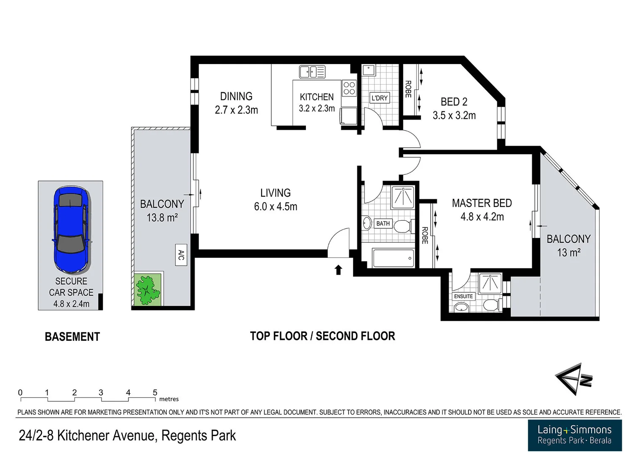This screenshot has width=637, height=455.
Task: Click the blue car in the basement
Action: [x=71, y=229]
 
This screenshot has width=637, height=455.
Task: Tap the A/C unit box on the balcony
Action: [x=181, y=255]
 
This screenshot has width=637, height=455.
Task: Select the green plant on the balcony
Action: [x=147, y=289]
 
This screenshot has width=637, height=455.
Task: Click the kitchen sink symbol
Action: [x=312, y=72]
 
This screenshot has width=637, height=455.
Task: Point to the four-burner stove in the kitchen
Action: [x=349, y=88]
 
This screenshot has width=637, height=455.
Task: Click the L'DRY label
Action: [x=379, y=98]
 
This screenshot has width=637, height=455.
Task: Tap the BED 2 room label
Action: [x=454, y=102]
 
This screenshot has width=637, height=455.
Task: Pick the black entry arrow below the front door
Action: [x=338, y=270]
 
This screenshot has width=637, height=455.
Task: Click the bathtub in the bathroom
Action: [x=393, y=258]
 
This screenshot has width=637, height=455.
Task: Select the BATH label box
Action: [x=383, y=224]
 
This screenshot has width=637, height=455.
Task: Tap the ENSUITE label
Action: [x=463, y=296]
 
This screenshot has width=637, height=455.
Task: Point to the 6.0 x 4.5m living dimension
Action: [x=276, y=206]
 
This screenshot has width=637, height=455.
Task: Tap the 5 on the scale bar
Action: [x=155, y=393]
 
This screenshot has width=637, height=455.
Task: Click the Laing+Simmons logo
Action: [x=575, y=435]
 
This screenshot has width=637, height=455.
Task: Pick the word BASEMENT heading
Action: [x=72, y=337]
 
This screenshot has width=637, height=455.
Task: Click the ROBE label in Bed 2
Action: [x=408, y=89]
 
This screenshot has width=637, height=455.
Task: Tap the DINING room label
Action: [x=236, y=96]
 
